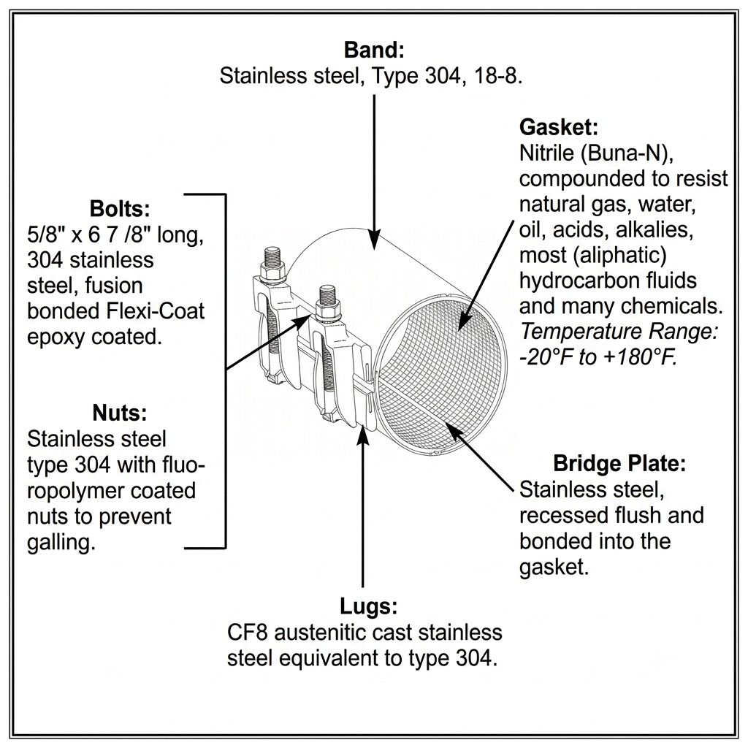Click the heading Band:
[374, 50]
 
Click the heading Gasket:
[558, 127]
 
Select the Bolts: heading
[120, 209]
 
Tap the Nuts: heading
[120, 413]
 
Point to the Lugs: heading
[368, 606]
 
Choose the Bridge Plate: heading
[619, 463]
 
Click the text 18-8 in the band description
[498, 76]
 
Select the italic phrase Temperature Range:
[619, 331]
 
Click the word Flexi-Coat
[155, 311]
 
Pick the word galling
[61, 543]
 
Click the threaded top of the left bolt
[273, 256]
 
